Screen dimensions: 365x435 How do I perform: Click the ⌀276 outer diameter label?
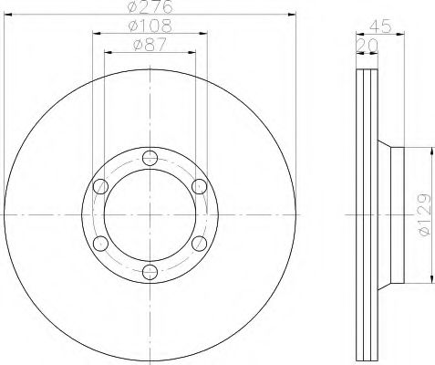[150, 7]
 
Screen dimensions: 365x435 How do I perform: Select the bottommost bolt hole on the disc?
[150, 271]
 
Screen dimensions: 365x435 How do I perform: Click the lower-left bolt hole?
[99, 242]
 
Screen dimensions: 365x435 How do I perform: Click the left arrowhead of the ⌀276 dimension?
[5, 15]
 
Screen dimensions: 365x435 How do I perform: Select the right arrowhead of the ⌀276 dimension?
[295, 15]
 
